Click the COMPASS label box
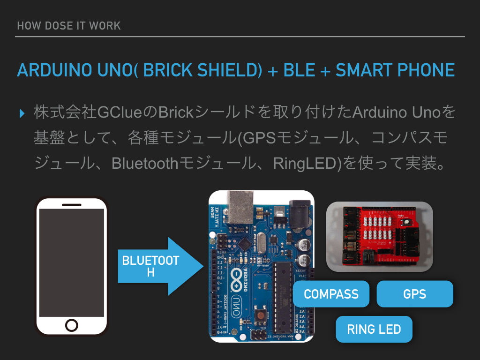[x=331, y=294]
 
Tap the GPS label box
[x=415, y=294]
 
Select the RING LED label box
[x=374, y=329]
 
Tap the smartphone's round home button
[x=72, y=325]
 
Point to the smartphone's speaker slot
[x=72, y=204]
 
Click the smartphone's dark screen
[x=72, y=262]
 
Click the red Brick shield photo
[x=379, y=237]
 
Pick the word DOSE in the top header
[x=58, y=26]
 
